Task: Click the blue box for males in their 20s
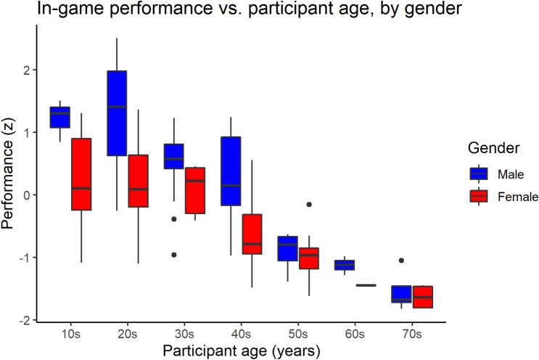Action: (116, 112)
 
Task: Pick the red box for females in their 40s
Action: (252, 234)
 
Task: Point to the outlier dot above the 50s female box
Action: (309, 205)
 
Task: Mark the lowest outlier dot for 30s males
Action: (174, 255)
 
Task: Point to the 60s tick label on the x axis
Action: (355, 332)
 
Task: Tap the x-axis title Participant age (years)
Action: (241, 350)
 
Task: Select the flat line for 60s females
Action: (366, 285)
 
